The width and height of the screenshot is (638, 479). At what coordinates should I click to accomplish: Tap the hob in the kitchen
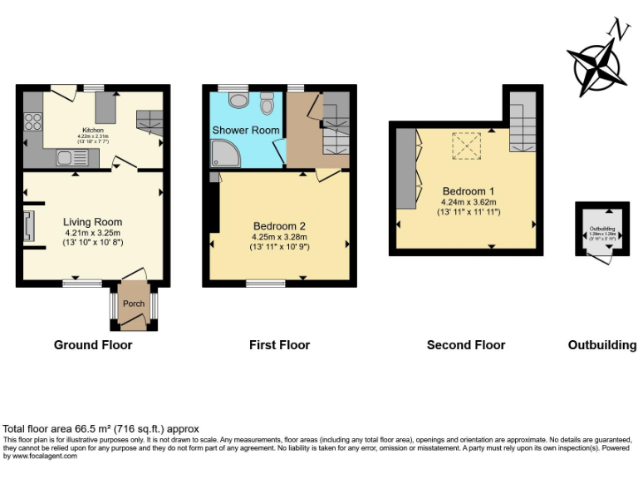coord(34,122)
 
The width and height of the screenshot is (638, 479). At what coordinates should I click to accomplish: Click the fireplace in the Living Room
coord(30,225)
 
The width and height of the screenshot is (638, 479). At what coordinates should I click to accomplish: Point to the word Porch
coord(134,304)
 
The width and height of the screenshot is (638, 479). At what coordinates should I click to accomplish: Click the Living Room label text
coord(93,222)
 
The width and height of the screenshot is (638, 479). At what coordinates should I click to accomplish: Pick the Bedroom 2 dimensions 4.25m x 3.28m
coord(279,236)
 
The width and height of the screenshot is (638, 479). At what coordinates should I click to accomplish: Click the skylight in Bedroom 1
coord(467,146)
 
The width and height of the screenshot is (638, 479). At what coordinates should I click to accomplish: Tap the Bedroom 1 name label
coord(469,190)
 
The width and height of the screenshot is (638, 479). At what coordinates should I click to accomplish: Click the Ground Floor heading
coord(93,345)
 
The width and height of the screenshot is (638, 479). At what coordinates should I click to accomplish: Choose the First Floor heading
coord(279,345)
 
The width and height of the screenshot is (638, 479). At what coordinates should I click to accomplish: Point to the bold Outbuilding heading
coord(602,345)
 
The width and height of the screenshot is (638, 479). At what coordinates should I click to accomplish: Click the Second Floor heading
coord(465,345)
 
